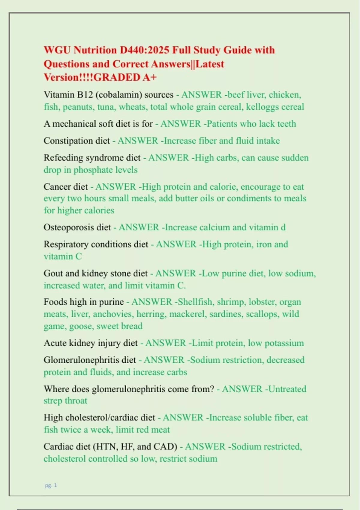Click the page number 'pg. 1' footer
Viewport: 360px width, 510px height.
click(51, 485)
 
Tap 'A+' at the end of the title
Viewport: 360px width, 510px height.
click(149, 77)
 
